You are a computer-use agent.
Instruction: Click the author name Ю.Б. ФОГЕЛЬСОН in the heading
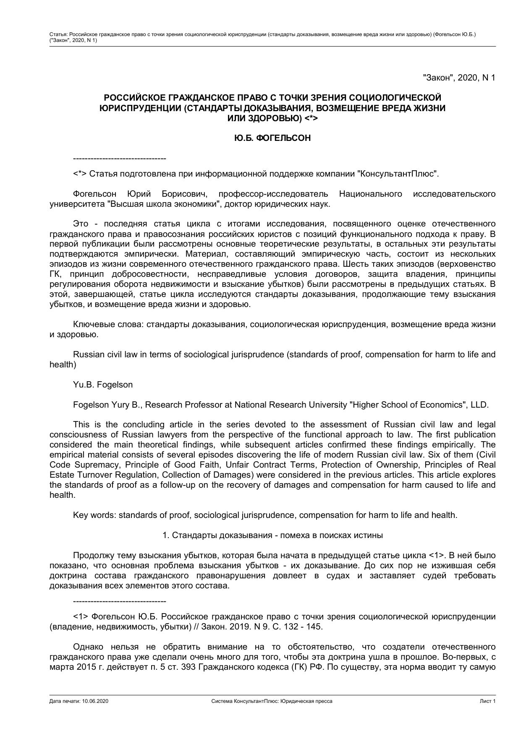pos(272,138)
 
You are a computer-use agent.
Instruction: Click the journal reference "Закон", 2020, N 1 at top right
pos(459,78)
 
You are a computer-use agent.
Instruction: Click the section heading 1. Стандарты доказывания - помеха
pos(272,535)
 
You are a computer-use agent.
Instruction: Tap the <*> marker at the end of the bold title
pos(311,119)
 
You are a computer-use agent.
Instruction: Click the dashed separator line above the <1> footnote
pos(120,601)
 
